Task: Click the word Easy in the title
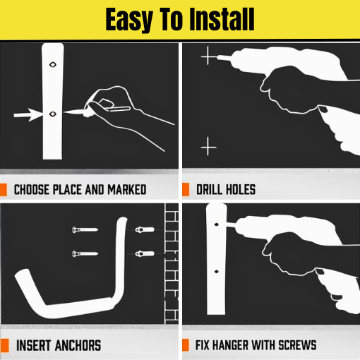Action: tap(129, 20)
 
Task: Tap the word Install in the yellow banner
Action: tap(222, 19)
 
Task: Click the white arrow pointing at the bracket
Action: tap(28, 115)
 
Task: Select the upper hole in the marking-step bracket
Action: tap(53, 64)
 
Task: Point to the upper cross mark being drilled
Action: tap(208, 56)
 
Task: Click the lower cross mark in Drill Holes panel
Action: tap(208, 147)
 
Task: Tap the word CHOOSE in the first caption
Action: tap(32, 190)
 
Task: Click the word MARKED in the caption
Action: tap(127, 190)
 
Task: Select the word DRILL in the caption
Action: tap(210, 190)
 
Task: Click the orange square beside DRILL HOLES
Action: tap(186, 189)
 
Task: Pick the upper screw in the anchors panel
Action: tap(85, 229)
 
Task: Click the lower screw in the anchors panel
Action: tap(85, 254)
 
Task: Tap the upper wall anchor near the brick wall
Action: tap(145, 229)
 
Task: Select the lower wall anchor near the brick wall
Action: tap(145, 253)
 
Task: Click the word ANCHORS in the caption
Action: tap(78, 345)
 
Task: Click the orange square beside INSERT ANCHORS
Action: tap(4, 346)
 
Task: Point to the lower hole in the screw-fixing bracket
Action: tap(217, 272)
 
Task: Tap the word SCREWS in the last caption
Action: tap(297, 345)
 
